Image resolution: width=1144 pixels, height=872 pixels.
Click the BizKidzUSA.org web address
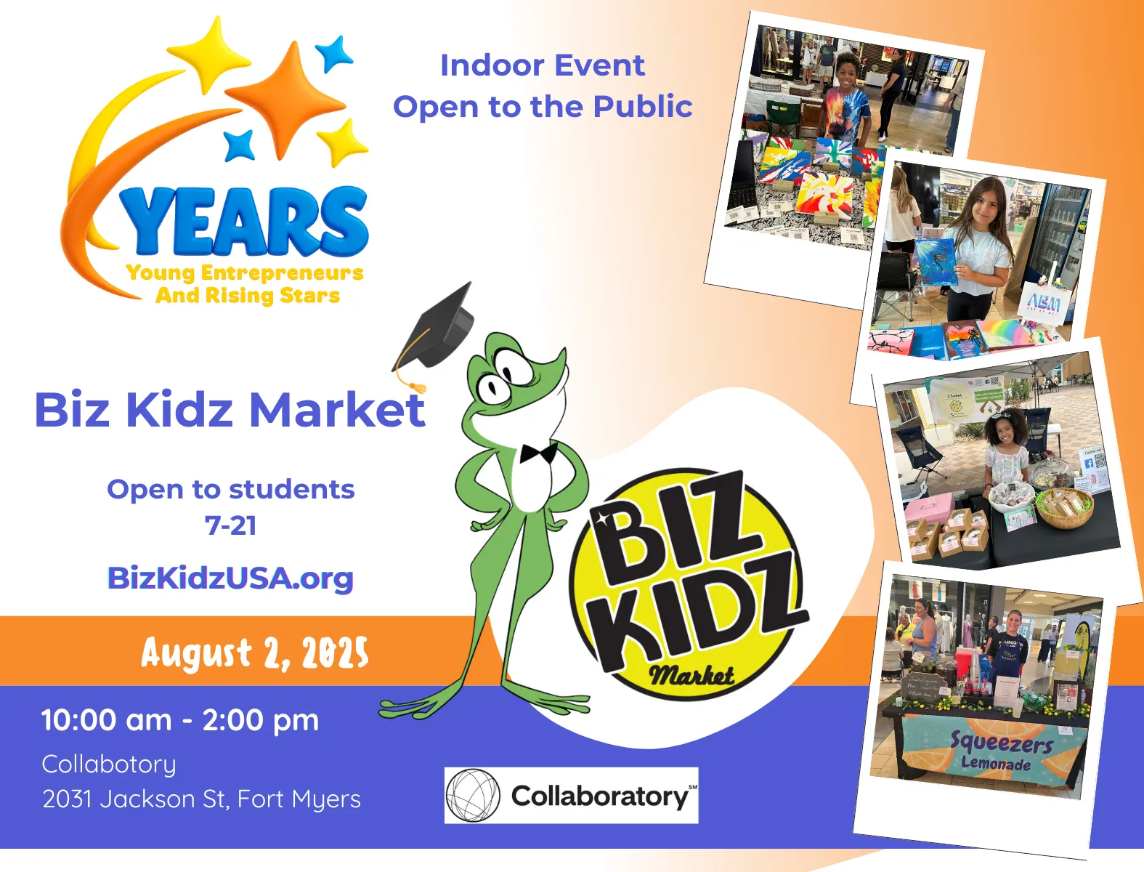pyautogui.click(x=230, y=578)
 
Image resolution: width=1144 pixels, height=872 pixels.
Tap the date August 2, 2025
pyautogui.click(x=254, y=653)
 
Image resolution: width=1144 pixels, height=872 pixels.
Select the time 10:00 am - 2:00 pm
pyautogui.click(x=180, y=720)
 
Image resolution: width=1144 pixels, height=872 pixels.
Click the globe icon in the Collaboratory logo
pyautogui.click(x=472, y=796)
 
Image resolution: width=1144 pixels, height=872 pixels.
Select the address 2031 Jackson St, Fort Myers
pyautogui.click(x=201, y=799)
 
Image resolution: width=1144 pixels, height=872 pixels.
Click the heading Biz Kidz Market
pyautogui.click(x=229, y=410)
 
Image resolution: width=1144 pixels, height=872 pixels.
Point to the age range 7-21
pyautogui.click(x=230, y=525)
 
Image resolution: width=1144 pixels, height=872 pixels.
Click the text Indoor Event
pyautogui.click(x=542, y=65)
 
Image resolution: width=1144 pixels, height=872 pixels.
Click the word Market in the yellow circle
pyautogui.click(x=691, y=675)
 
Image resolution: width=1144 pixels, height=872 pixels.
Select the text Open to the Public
pyautogui.click(x=542, y=107)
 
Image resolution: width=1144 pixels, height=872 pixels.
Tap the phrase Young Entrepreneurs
pyautogui.click(x=245, y=273)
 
